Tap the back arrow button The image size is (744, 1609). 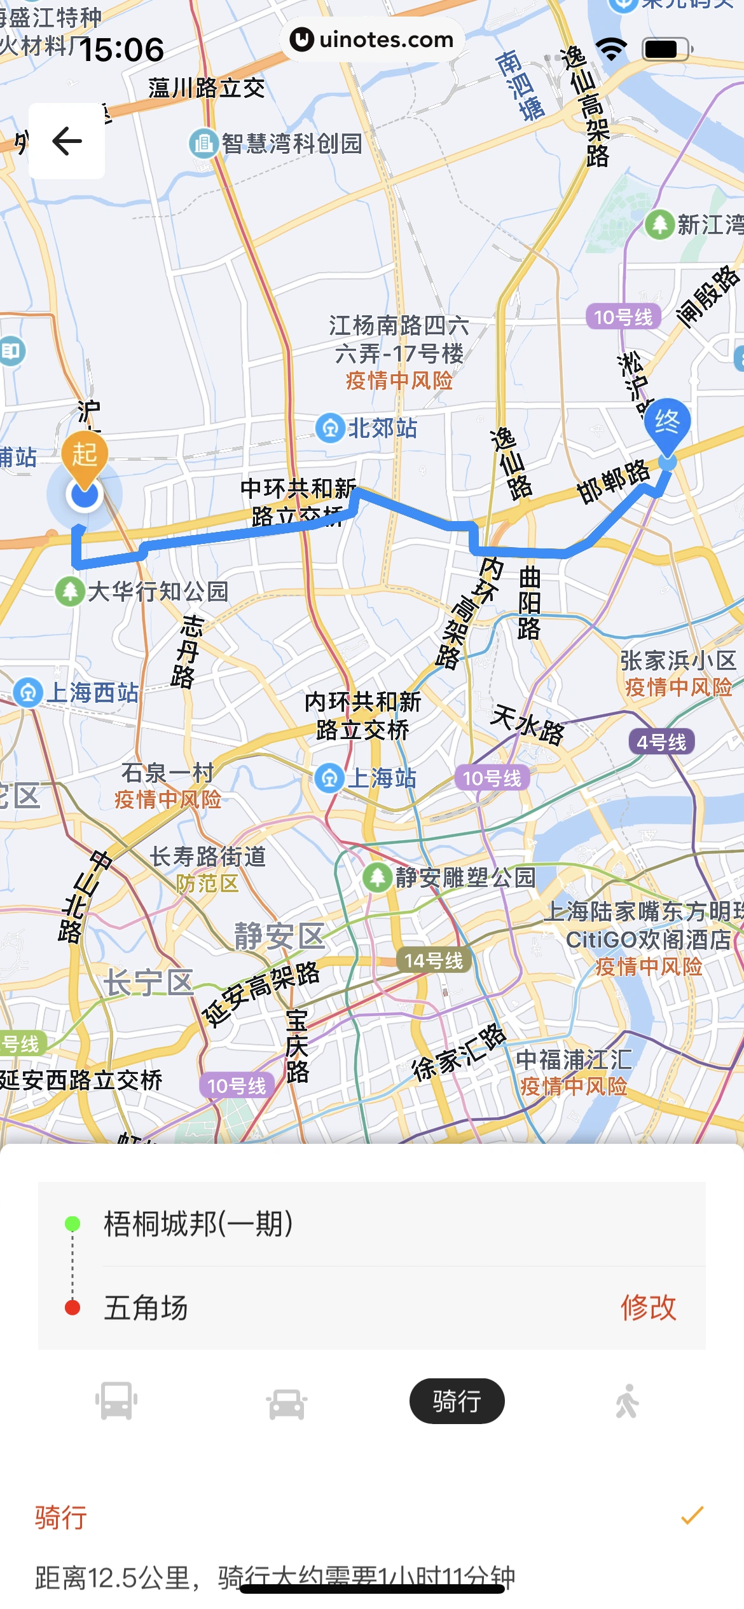pyautogui.click(x=67, y=141)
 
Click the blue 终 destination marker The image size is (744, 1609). pyautogui.click(x=667, y=423)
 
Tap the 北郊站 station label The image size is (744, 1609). pyautogui.click(x=382, y=428)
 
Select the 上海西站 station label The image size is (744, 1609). pyautogui.click(x=92, y=693)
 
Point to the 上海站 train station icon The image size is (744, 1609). pyautogui.click(x=329, y=778)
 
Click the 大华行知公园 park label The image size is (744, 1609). pyautogui.click(x=157, y=592)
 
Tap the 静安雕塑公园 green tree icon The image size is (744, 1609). pyautogui.click(x=377, y=878)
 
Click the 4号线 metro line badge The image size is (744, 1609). pyautogui.click(x=661, y=742)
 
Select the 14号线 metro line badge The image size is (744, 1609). pyautogui.click(x=434, y=960)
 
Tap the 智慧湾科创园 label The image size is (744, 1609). pyautogui.click(x=291, y=144)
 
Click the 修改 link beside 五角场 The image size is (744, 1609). pyautogui.click(x=648, y=1308)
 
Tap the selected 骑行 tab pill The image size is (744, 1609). pyautogui.click(x=457, y=1401)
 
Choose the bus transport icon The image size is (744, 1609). pyautogui.click(x=116, y=1401)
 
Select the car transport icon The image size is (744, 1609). pyautogui.click(x=287, y=1402)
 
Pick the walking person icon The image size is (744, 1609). pyautogui.click(x=627, y=1401)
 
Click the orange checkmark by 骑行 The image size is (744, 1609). pyautogui.click(x=692, y=1516)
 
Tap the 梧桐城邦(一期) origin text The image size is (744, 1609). pyautogui.click(x=198, y=1223)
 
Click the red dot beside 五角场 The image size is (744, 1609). pyautogui.click(x=72, y=1308)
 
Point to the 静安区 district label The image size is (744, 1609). pyautogui.click(x=279, y=936)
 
